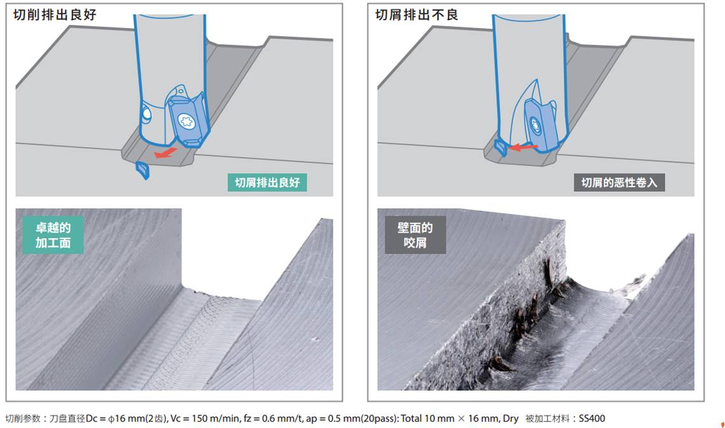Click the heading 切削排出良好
click(x=55, y=15)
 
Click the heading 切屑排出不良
click(x=416, y=15)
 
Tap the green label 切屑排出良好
click(x=267, y=182)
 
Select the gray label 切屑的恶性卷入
click(x=619, y=183)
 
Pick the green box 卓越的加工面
click(x=53, y=235)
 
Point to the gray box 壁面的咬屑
click(x=415, y=235)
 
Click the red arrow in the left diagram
click(x=165, y=152)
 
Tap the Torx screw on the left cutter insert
click(x=187, y=122)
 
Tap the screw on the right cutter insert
click(x=535, y=125)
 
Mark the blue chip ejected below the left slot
click(x=142, y=170)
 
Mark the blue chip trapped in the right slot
click(x=501, y=147)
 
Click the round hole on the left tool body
click(x=146, y=115)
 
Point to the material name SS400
click(x=590, y=418)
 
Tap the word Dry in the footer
click(x=510, y=418)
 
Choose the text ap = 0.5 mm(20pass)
click(x=352, y=418)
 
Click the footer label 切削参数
click(x=23, y=418)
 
